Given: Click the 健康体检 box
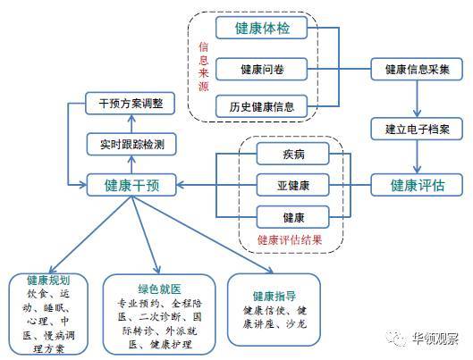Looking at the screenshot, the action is (262, 28).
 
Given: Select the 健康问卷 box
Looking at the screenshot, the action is (262, 70).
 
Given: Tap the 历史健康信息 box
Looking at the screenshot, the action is (262, 106).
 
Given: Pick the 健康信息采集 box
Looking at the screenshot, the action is (417, 70).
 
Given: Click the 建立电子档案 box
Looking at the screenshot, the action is (417, 129).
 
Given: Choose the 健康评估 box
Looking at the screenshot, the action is (417, 185).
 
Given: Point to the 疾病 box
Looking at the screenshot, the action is (292, 154).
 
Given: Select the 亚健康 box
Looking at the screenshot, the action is (292, 185).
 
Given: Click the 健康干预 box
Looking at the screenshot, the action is (131, 185).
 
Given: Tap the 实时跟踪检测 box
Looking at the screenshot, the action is (131, 145).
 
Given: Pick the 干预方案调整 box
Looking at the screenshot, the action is (131, 104).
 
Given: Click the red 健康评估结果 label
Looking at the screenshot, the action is (290, 240).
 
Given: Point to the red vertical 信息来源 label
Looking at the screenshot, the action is (204, 67).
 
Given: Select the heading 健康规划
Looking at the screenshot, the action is (48, 280).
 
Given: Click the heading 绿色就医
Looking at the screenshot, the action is (159, 289).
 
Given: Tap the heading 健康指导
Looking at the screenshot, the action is (275, 297).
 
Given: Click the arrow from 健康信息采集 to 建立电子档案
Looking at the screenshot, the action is (417, 99).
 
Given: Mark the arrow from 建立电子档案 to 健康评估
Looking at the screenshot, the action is (417, 156).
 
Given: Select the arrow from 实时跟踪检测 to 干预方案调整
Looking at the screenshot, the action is (131, 124).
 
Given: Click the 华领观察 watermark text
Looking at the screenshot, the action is (435, 339).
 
